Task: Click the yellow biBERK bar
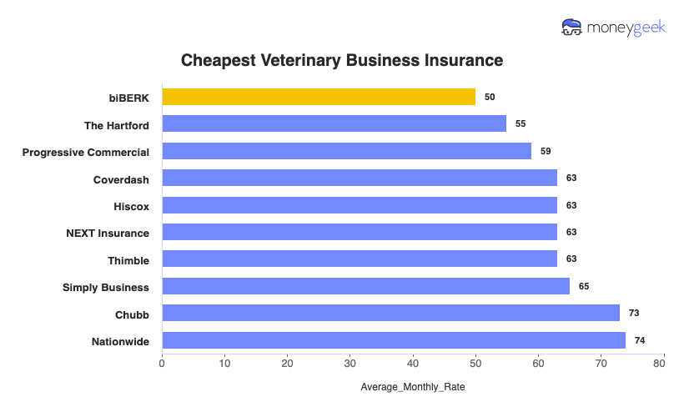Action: point(319,97)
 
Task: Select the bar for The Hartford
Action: point(334,123)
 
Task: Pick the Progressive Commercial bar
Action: point(346,151)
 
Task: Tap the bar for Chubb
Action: point(390,313)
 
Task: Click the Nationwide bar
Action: point(394,340)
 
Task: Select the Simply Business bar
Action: point(365,286)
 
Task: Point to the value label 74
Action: point(640,340)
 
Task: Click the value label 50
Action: point(490,97)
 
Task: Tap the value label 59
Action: point(546,151)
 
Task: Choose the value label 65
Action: point(584,286)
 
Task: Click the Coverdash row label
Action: point(121,178)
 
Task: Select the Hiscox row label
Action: point(131,205)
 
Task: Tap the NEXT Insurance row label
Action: point(108,233)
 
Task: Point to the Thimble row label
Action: point(128,260)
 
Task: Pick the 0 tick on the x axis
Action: point(162,363)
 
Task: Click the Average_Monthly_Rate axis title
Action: point(413,388)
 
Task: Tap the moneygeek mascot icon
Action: point(572,28)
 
